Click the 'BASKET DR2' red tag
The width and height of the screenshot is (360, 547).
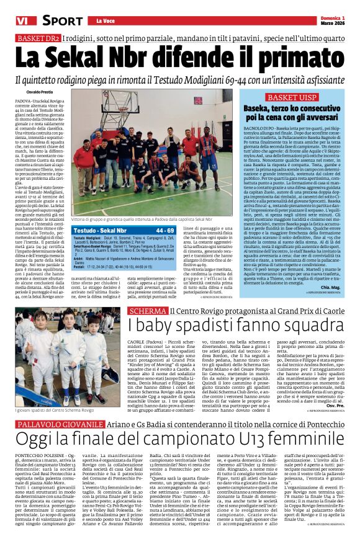tap(38, 38)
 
